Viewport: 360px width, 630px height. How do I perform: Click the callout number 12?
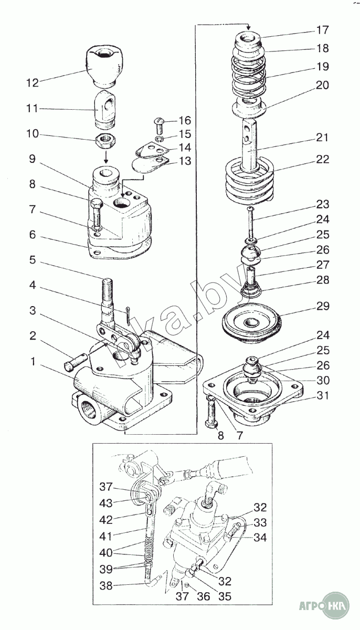pos(32,82)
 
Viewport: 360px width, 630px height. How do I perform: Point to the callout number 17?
pos(322,29)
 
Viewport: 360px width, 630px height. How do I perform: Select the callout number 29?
pos(323,306)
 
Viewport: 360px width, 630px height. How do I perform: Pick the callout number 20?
pos(322,85)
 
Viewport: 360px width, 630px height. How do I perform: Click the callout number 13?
pos(184,161)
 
